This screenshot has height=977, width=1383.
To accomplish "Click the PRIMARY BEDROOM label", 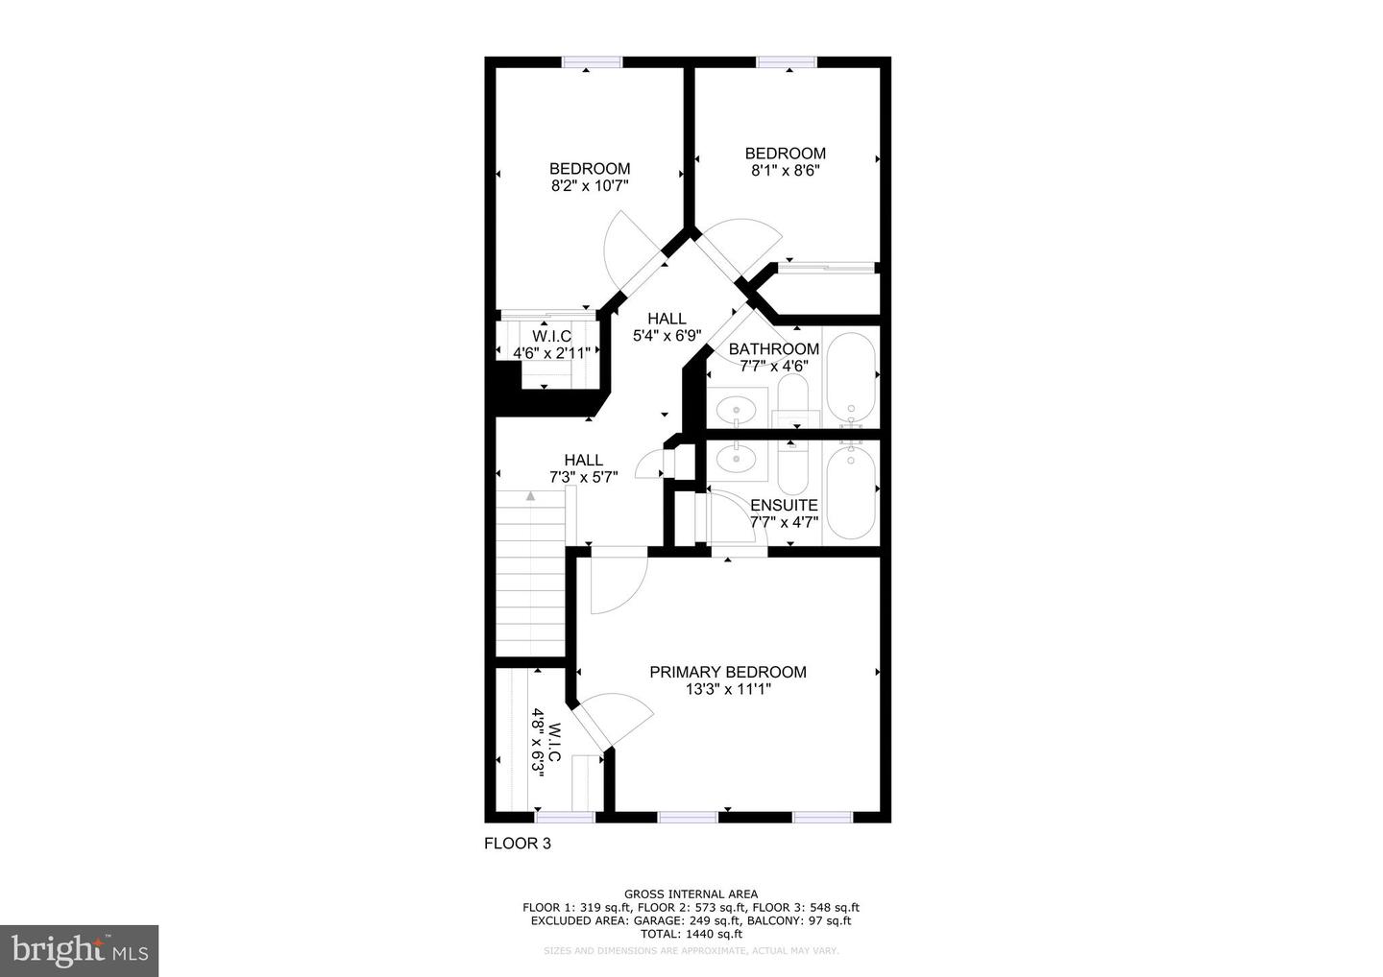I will click(727, 672).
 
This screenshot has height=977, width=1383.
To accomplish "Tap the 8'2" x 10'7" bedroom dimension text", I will click(589, 186).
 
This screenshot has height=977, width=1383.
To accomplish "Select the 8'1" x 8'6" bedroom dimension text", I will click(785, 171).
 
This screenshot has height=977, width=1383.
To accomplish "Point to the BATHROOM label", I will click(773, 349).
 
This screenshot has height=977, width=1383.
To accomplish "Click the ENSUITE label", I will click(784, 505).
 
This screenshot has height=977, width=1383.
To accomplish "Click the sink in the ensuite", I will click(737, 459).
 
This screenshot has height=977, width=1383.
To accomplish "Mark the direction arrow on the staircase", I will click(530, 495).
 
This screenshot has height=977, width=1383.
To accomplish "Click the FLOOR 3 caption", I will click(517, 844).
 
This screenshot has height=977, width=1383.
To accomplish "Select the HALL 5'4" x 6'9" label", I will click(667, 327).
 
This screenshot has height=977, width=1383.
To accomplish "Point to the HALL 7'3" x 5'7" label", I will click(583, 467).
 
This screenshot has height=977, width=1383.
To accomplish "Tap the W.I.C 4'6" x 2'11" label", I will click(551, 345).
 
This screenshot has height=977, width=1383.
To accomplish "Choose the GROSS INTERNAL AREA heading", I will click(691, 894).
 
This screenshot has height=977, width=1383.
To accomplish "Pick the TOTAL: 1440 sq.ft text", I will click(691, 934).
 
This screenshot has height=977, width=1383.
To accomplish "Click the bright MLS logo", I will click(79, 951).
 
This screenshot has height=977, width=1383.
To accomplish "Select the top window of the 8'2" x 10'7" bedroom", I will click(592, 62).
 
